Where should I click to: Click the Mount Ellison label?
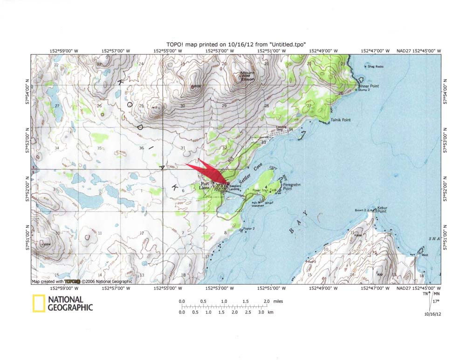(247, 76)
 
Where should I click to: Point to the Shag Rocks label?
(375, 67)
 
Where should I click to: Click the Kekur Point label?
(382, 210)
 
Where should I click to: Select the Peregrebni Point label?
(291, 187)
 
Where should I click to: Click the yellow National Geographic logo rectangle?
(39, 303)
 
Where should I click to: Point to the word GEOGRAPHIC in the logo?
(70, 307)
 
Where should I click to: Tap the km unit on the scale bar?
(270, 312)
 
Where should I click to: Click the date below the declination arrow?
(432, 314)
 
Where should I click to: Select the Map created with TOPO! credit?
(82, 281)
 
